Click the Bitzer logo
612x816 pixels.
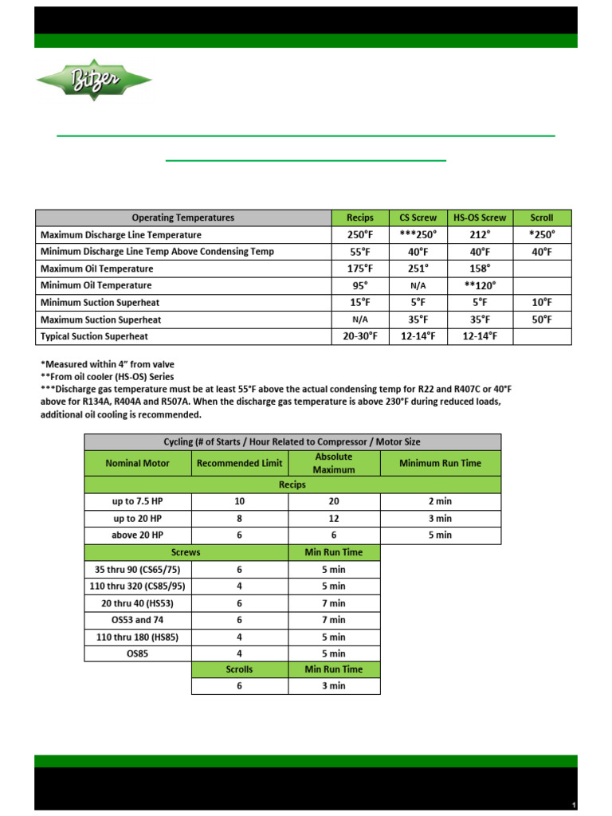93,79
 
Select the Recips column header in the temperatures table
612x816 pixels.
359,218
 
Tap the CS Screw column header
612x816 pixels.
418,218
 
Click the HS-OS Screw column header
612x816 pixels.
479,218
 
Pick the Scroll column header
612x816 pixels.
541,218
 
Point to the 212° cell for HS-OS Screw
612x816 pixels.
479,235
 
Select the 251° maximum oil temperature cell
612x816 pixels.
418,269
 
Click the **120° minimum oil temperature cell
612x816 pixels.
479,285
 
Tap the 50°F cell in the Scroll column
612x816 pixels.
541,320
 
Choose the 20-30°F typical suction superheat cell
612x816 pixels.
359,336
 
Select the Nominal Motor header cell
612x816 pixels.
137,463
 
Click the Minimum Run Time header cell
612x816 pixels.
441,463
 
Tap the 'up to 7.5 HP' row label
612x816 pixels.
137,501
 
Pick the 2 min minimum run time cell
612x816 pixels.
441,501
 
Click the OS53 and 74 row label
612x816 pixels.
137,620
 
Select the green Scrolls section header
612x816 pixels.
239,669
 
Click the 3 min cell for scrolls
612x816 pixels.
334,685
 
